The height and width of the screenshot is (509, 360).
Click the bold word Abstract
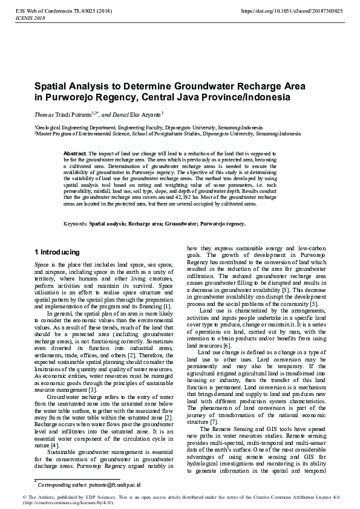74,154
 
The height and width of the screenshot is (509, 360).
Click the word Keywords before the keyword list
76,224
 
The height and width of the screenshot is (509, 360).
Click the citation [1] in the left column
168,307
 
